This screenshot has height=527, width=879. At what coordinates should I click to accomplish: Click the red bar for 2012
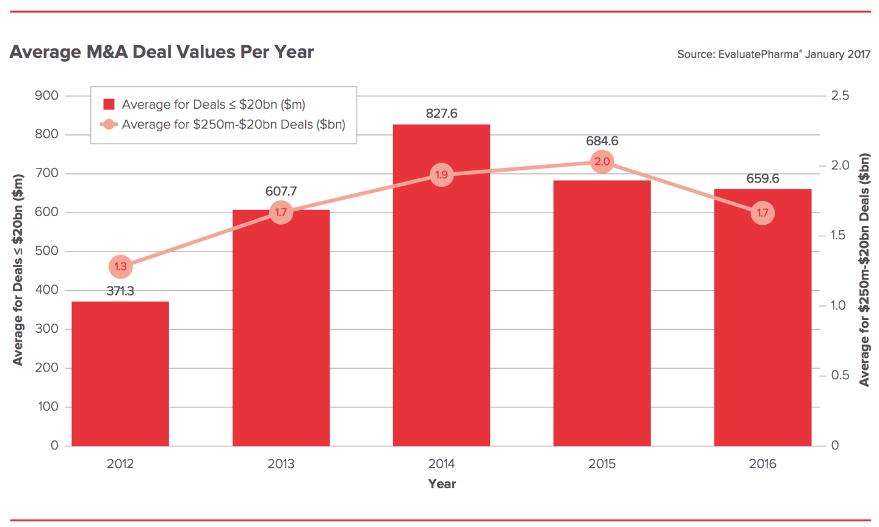click(x=120, y=373)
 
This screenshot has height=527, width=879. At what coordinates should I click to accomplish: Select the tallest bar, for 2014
click(x=441, y=305)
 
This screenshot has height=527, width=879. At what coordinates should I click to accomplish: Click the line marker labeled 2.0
click(x=602, y=162)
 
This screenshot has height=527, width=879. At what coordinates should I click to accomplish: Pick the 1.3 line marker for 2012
click(x=120, y=266)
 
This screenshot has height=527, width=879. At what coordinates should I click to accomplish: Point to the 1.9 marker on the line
click(x=441, y=175)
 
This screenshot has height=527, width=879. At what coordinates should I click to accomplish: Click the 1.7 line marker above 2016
click(x=762, y=213)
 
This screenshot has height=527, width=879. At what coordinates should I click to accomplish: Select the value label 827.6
click(x=441, y=114)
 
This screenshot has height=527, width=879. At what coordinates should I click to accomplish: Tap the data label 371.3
click(x=120, y=291)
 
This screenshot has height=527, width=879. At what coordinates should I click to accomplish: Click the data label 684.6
click(x=602, y=141)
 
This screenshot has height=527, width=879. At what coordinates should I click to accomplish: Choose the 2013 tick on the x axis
click(x=281, y=464)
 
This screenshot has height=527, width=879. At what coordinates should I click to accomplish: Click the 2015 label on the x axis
click(x=602, y=464)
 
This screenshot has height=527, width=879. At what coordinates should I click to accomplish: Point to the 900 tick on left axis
click(x=47, y=95)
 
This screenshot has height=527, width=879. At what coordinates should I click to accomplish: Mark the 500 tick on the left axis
click(x=47, y=251)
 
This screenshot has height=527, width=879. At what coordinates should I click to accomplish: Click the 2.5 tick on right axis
click(x=840, y=95)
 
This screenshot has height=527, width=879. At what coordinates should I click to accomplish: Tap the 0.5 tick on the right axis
click(x=840, y=375)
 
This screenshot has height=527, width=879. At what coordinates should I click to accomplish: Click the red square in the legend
click(x=109, y=104)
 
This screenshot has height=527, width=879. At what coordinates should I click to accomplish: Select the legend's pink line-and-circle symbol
click(x=109, y=125)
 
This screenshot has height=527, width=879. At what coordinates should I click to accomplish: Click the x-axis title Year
click(x=442, y=484)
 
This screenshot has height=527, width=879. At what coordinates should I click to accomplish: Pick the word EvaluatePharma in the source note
click(x=758, y=54)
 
